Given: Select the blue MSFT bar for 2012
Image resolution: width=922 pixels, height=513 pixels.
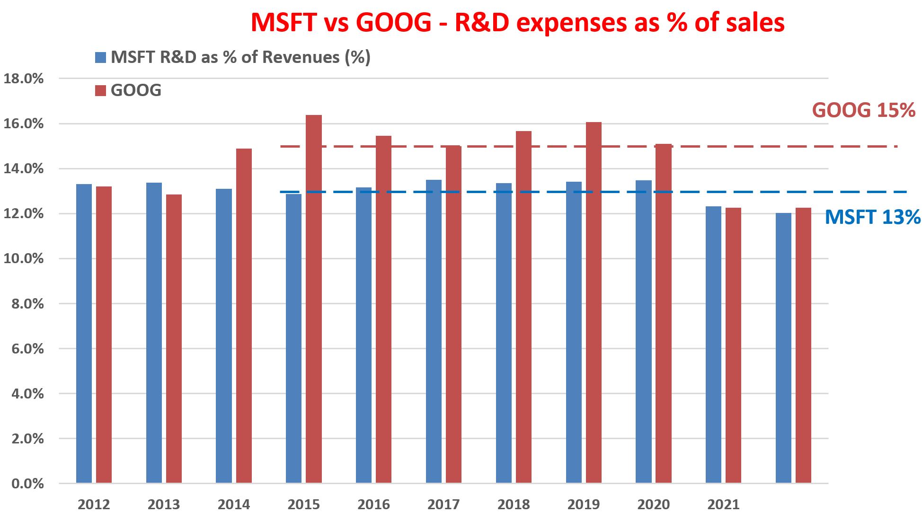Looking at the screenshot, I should (84, 334).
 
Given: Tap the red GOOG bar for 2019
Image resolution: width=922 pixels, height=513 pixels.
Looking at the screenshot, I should (594, 303).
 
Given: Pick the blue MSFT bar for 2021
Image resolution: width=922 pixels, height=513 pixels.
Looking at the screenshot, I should (713, 345).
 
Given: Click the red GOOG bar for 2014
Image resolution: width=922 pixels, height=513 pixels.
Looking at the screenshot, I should (244, 316).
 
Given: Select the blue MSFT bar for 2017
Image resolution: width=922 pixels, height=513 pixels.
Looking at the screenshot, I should (434, 331).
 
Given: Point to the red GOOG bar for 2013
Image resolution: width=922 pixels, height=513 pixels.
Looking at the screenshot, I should (174, 338).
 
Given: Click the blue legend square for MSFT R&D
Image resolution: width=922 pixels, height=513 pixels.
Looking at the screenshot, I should (100, 58).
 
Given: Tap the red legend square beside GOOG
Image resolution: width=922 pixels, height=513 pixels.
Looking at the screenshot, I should (100, 90).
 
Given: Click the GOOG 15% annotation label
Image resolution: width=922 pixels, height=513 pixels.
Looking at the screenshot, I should (863, 110).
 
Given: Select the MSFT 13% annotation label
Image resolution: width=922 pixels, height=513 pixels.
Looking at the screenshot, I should (872, 217).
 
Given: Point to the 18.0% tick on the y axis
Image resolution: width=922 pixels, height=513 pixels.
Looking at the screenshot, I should (24, 79).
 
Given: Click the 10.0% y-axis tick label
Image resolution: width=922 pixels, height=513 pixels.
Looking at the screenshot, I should (24, 258).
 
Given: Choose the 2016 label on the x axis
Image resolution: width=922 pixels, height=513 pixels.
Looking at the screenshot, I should (373, 504).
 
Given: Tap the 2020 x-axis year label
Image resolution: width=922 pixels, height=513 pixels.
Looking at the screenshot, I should (653, 504).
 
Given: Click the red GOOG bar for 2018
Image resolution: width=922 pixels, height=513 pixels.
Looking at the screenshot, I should (523, 307).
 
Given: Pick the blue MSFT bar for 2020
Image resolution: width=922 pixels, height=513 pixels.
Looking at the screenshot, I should (643, 331).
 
